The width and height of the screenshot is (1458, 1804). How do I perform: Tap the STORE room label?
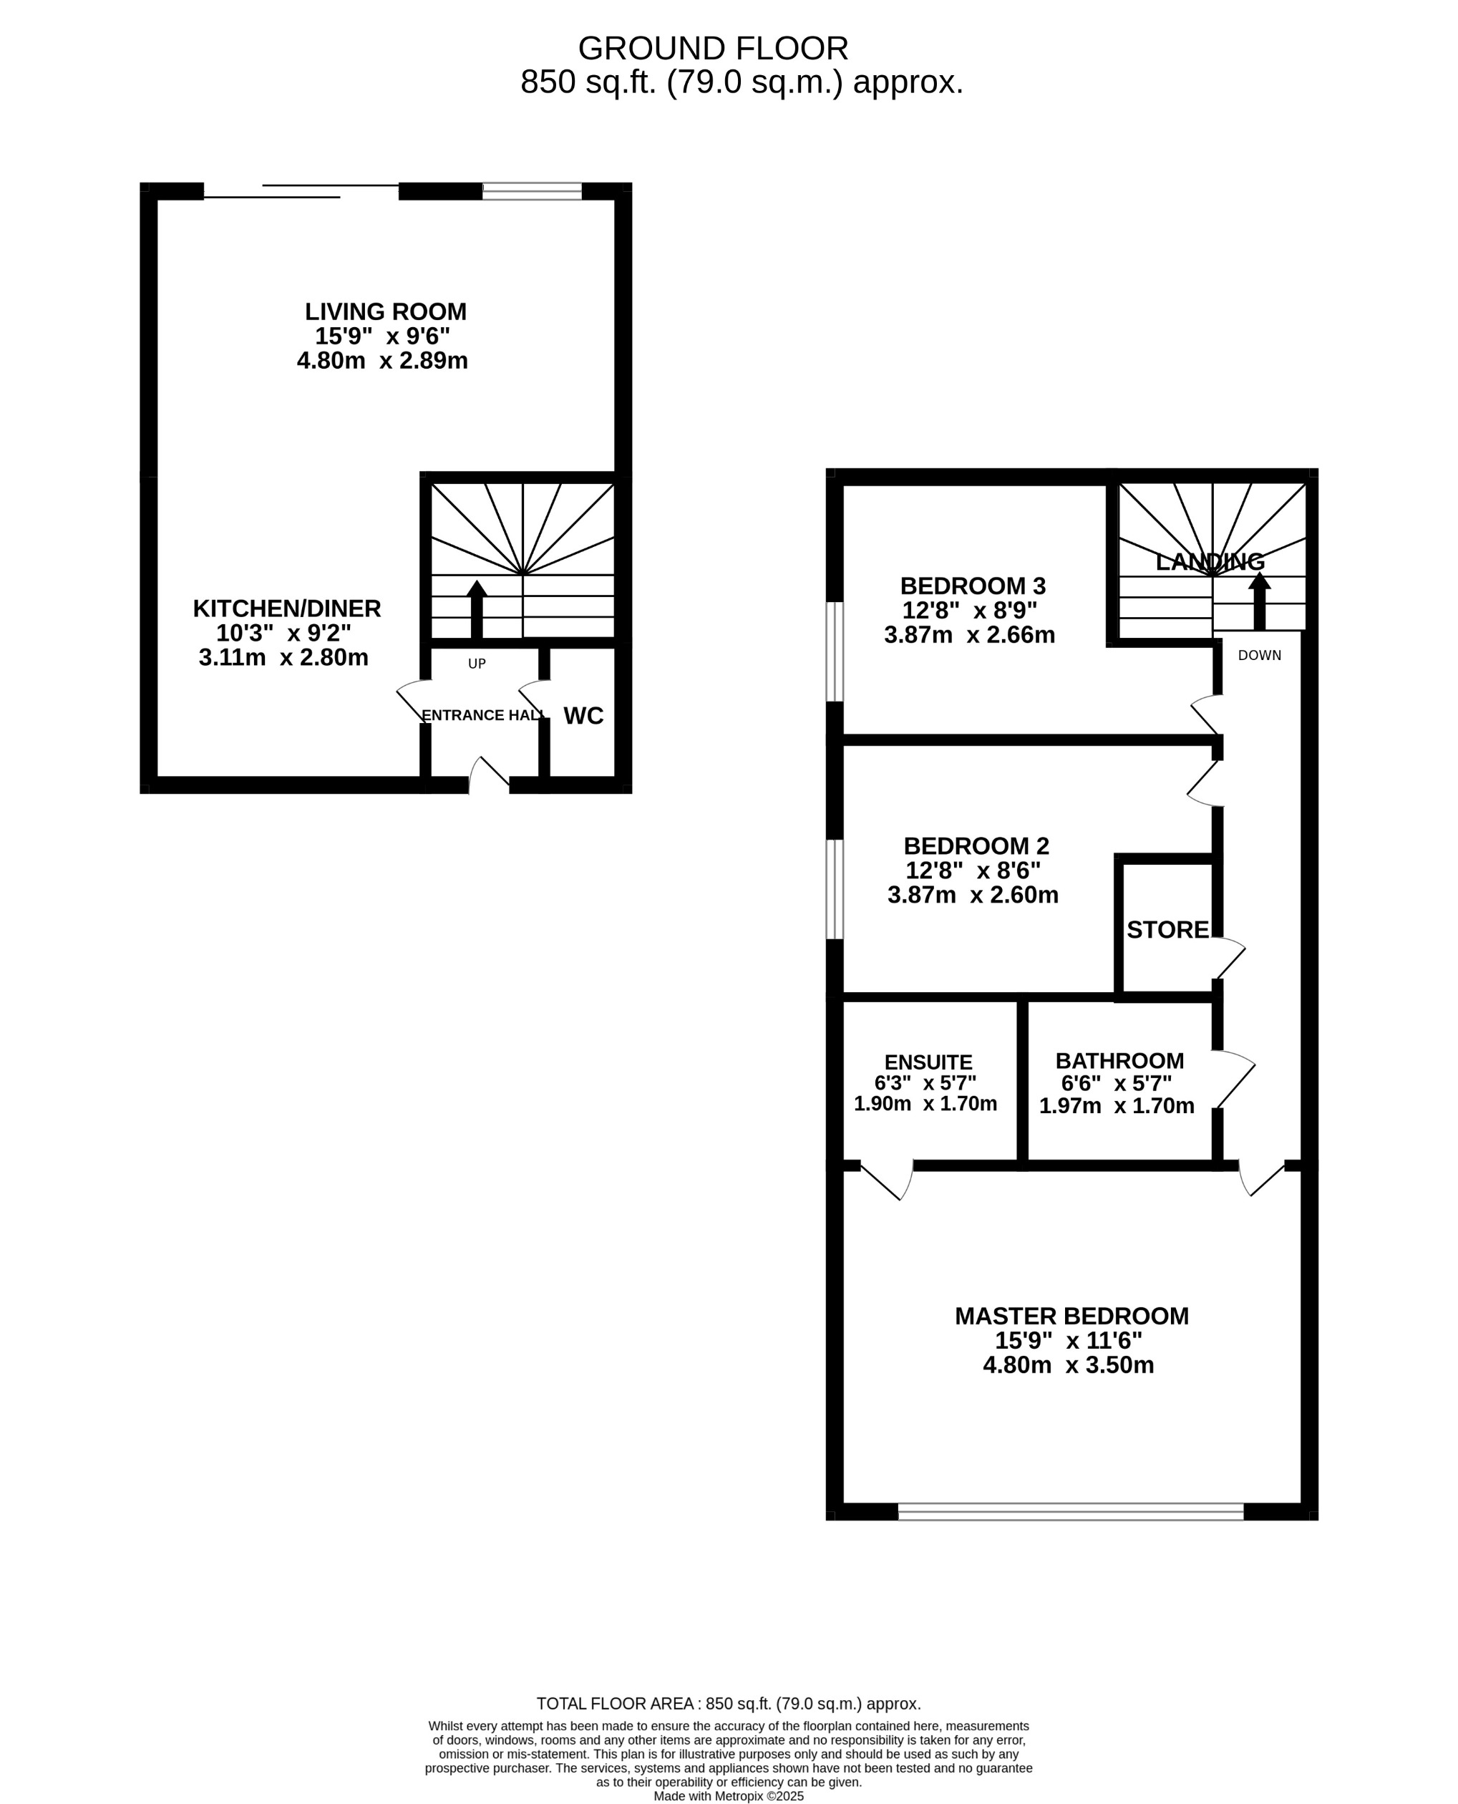tap(1167, 930)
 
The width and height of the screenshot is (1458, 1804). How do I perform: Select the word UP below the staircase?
tap(476, 664)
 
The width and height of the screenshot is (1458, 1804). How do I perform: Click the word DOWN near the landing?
tap(1259, 655)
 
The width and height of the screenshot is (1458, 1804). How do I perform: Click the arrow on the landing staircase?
tap(1258, 601)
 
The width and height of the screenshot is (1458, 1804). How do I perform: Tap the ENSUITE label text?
tap(928, 1062)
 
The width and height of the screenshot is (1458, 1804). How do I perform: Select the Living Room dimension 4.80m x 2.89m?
tap(382, 361)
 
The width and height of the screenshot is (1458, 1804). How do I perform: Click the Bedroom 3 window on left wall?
tap(834, 651)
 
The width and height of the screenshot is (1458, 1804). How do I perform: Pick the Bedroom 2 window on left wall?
tap(834, 888)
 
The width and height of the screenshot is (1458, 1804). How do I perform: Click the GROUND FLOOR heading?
tap(713, 49)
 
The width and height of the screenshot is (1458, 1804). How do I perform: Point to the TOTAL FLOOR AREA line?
tap(728, 1704)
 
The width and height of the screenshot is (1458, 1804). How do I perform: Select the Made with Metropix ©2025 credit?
tap(728, 1796)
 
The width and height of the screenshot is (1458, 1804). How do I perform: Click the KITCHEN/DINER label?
tap(286, 609)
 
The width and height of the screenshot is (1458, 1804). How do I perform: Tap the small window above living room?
tap(532, 191)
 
